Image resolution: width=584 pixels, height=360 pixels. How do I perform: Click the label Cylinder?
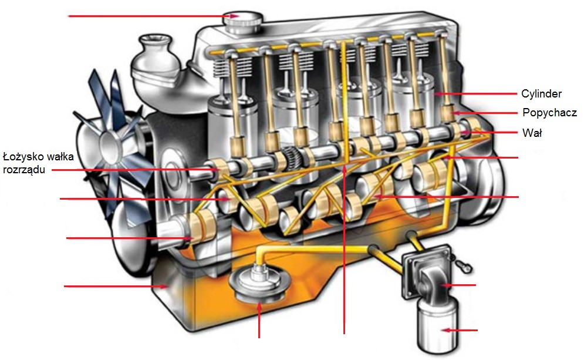tap(541, 94)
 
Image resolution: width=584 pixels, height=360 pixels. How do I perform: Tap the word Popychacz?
tap(549, 113)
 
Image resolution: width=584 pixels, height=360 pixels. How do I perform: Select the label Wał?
tap(532, 133)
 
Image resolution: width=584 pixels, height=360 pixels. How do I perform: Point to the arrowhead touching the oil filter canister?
tap(445, 331)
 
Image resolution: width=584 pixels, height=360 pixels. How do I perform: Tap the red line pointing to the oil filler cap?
tap(147, 16)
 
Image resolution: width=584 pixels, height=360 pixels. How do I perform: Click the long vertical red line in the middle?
tap(344, 253)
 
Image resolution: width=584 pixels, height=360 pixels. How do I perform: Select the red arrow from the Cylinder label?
tap(475, 94)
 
